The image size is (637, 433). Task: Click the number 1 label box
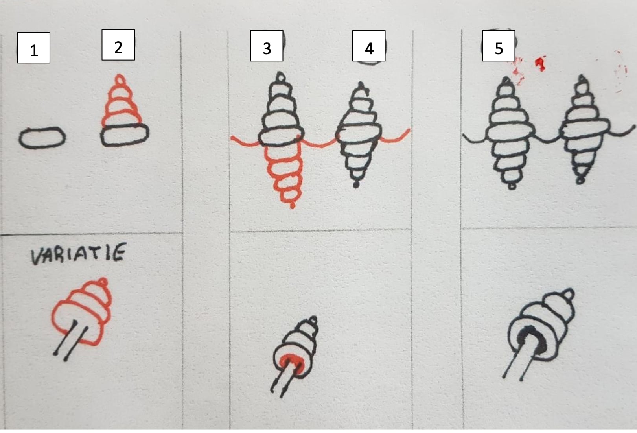[33, 48]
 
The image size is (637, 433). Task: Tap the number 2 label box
[118, 45]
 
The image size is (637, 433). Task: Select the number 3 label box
[267, 46]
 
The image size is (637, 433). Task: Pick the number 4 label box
[369, 46]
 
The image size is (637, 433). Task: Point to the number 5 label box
[499, 46]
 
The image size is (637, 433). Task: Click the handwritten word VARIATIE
[78, 254]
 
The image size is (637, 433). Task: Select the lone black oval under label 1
[42, 138]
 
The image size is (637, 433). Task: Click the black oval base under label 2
[125, 135]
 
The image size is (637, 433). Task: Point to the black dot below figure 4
[356, 184]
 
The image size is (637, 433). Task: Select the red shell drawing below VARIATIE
[82, 313]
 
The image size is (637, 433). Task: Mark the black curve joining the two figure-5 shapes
[547, 140]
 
